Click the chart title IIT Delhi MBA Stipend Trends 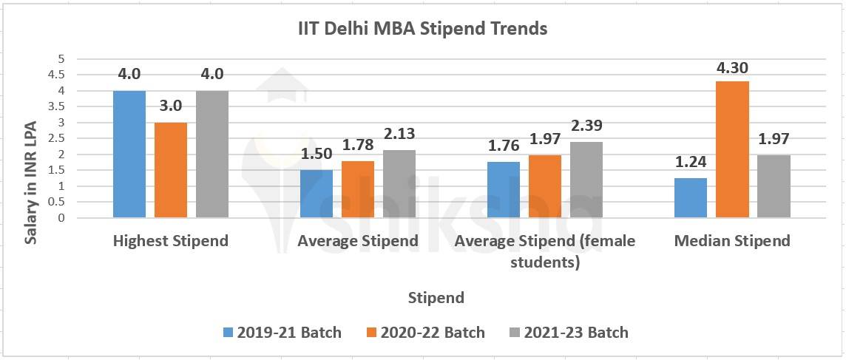point(422,29)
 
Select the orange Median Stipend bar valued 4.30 point(732,149)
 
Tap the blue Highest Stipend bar point(129,154)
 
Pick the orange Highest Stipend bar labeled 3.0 point(171,170)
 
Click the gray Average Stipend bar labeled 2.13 point(399,183)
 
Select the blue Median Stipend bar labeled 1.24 point(691,197)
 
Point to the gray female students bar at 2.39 point(586,180)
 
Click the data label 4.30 point(732,68)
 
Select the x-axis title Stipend point(436,298)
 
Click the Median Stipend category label point(732,241)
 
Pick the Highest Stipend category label point(171,241)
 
